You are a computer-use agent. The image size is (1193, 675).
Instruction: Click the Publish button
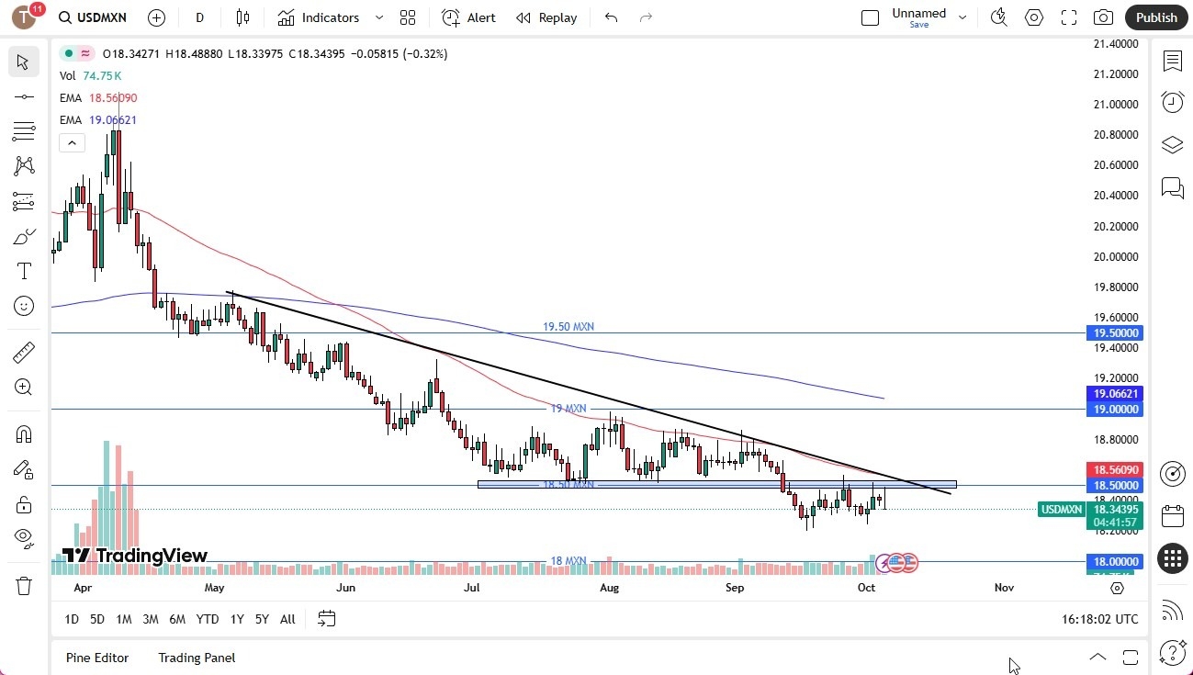coord(1155,17)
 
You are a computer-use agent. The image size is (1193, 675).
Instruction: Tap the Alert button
coord(468,17)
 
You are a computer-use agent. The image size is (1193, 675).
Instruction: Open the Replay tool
coord(546,17)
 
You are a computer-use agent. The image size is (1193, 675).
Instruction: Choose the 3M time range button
coord(151,619)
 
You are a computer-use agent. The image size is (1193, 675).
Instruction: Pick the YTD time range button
coord(208,619)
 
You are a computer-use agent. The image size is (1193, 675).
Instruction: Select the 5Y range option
coord(262,619)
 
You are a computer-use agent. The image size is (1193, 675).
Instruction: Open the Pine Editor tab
coord(97,658)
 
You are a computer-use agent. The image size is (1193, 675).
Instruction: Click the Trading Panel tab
coord(197,658)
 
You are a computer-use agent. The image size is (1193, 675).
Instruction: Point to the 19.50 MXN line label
coord(568,327)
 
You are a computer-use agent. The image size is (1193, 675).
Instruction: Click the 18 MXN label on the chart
coord(568,561)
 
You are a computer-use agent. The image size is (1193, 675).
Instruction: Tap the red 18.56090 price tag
coord(1116,468)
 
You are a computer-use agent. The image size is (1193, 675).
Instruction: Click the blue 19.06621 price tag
coord(1116,393)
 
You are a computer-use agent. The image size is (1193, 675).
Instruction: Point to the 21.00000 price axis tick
coord(1116,104)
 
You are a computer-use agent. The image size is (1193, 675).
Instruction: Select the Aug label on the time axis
coord(609,587)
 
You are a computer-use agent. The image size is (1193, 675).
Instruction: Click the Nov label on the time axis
coord(1004,587)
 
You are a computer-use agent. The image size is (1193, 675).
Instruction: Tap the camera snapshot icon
coord(1103,17)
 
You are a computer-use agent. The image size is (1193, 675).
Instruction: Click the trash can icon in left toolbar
coord(24,585)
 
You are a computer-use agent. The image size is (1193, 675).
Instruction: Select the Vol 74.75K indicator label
coord(90,76)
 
